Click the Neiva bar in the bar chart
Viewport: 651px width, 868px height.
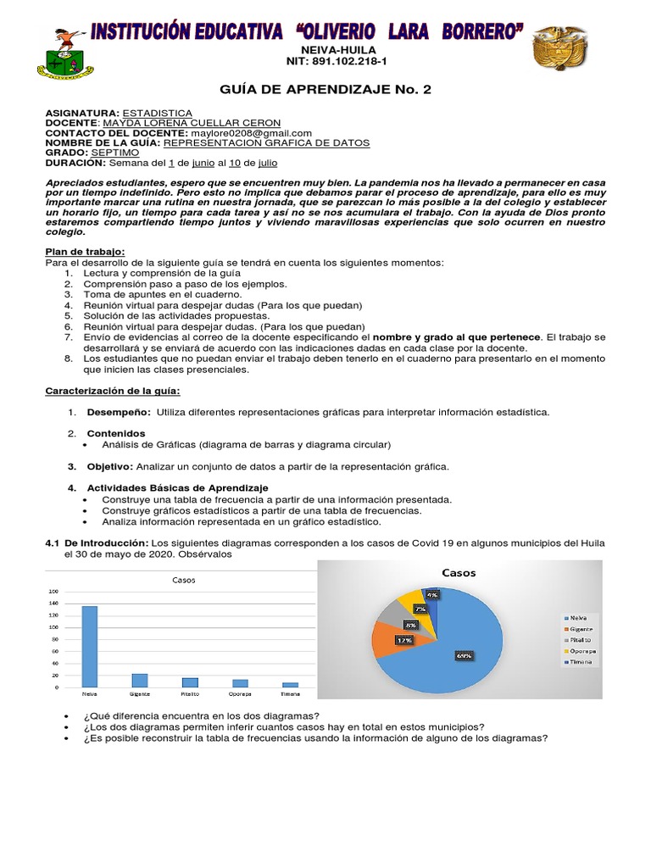(x=89, y=646)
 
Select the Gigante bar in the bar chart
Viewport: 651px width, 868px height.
(x=140, y=680)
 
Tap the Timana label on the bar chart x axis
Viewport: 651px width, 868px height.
(x=291, y=693)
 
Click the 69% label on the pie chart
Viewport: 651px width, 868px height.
(x=465, y=654)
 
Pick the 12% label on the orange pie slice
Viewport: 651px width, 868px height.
(x=403, y=641)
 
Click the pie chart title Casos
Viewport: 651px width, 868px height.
(x=458, y=572)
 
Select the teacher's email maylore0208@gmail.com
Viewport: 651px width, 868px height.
(x=264, y=133)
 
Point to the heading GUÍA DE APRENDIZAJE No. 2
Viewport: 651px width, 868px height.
(x=325, y=89)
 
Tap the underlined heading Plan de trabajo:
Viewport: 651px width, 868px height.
(x=85, y=252)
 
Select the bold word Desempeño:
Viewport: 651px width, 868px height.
(x=119, y=412)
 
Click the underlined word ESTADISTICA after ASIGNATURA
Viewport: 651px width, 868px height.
(x=158, y=113)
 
